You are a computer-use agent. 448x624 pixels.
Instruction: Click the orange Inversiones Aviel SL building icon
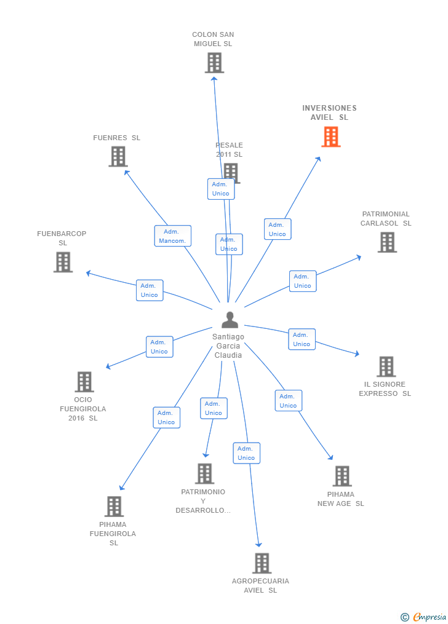pos(330,136)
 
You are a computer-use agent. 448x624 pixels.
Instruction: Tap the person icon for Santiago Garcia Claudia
pos(230,320)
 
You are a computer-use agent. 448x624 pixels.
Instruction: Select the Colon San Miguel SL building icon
pos(214,63)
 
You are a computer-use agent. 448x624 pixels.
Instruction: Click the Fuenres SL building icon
pos(118,156)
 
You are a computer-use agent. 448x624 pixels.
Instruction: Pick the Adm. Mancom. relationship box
pos(172,236)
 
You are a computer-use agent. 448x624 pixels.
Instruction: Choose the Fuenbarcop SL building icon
pos(63,262)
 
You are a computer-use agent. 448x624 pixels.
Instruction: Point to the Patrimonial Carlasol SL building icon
pos(387,242)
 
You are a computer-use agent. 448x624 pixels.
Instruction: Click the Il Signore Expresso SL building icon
pos(386,366)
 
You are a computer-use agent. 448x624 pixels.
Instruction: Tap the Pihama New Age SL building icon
pos(342,476)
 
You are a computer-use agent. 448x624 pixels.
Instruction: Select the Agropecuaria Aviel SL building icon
pos(262,563)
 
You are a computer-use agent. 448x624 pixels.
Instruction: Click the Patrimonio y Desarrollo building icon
pos(204,473)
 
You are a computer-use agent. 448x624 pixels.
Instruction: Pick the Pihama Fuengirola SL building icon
pos(114,507)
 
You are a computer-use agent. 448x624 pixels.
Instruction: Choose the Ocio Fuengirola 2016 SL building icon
pos(84,382)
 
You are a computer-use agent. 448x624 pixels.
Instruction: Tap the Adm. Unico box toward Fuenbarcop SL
pos(150,290)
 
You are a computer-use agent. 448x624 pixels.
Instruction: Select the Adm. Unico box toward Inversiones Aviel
pos(278,229)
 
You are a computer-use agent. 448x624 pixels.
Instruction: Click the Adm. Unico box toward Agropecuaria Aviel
pos(246,453)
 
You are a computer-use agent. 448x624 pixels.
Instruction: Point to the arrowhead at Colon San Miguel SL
pos(214,77)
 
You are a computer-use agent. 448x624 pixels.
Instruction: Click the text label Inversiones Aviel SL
pos(329,113)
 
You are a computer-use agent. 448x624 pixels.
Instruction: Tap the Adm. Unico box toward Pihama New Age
pos(288,401)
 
